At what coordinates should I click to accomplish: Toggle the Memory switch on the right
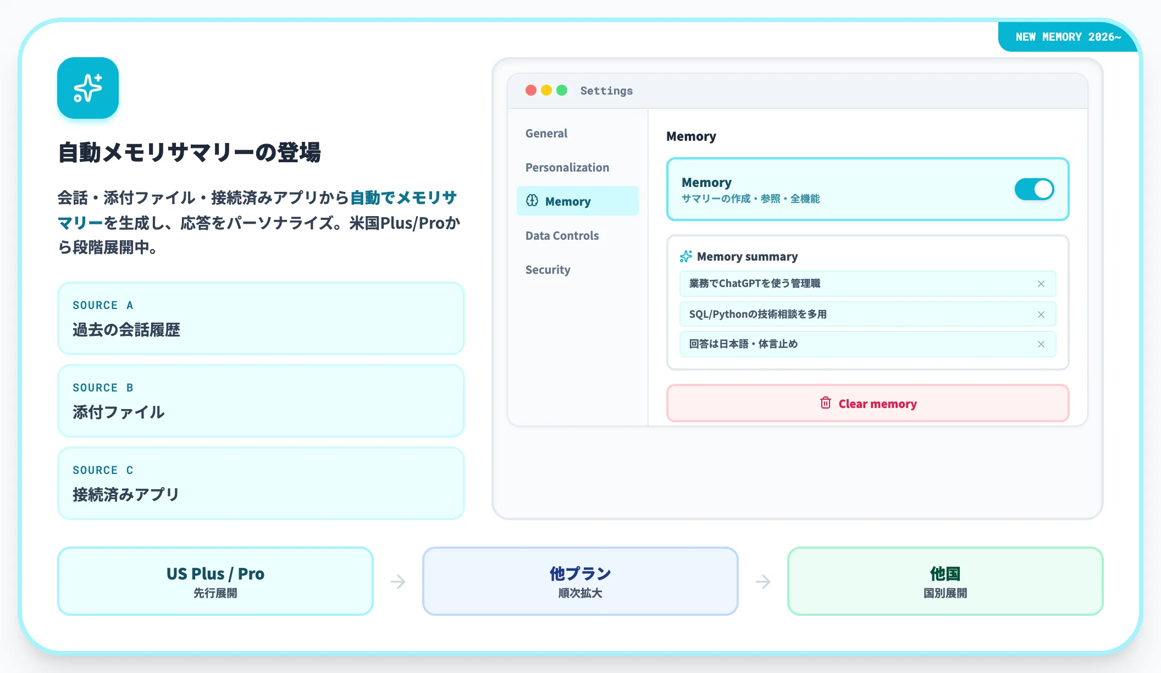pos(1034,189)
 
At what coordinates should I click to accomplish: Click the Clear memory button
pos(867,404)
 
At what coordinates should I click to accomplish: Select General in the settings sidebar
pos(546,133)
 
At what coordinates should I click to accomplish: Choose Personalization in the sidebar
pos(567,167)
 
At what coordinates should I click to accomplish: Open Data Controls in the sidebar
pos(562,235)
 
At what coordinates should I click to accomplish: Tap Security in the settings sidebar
pos(548,269)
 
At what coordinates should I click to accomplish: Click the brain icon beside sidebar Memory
pos(532,201)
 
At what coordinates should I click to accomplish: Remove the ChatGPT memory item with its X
pos(1041,284)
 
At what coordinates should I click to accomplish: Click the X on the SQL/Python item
pos(1041,315)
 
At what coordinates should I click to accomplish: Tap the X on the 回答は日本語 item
pos(1041,344)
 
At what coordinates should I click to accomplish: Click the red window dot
pos(531,90)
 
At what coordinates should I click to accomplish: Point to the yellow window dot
pos(546,90)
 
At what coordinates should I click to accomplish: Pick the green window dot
pos(562,90)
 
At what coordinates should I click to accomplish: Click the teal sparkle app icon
pos(88,88)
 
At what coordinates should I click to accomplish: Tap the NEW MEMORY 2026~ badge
pos(1068,37)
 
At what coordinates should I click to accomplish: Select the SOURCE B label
pos(103,388)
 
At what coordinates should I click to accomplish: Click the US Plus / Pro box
pos(215,581)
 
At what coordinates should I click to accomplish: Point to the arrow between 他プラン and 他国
pos(763,581)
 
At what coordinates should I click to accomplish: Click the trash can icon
pos(826,403)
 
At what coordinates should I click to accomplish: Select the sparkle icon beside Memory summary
pos(686,256)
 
